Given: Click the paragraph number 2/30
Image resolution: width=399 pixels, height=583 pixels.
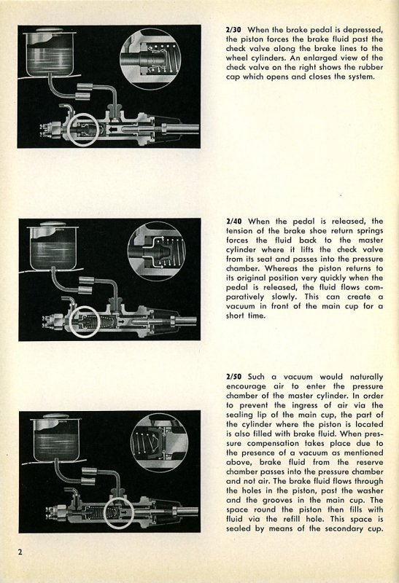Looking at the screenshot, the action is pos(233,29).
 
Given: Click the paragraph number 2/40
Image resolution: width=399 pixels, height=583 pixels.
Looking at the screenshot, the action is pos(233,222).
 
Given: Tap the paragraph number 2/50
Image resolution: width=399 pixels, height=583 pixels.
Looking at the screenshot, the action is pos(233,377).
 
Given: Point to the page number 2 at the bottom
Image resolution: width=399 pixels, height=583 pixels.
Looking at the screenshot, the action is pos(20,552).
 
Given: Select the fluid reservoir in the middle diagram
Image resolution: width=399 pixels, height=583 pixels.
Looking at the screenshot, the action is pos(53,247).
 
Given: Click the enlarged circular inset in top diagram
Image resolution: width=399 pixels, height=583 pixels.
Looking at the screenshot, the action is pos(151,59).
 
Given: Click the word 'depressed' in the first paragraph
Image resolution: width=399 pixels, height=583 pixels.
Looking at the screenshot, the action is pos(363,30).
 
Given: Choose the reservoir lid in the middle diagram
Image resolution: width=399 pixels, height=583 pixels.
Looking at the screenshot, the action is pos(54,225).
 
